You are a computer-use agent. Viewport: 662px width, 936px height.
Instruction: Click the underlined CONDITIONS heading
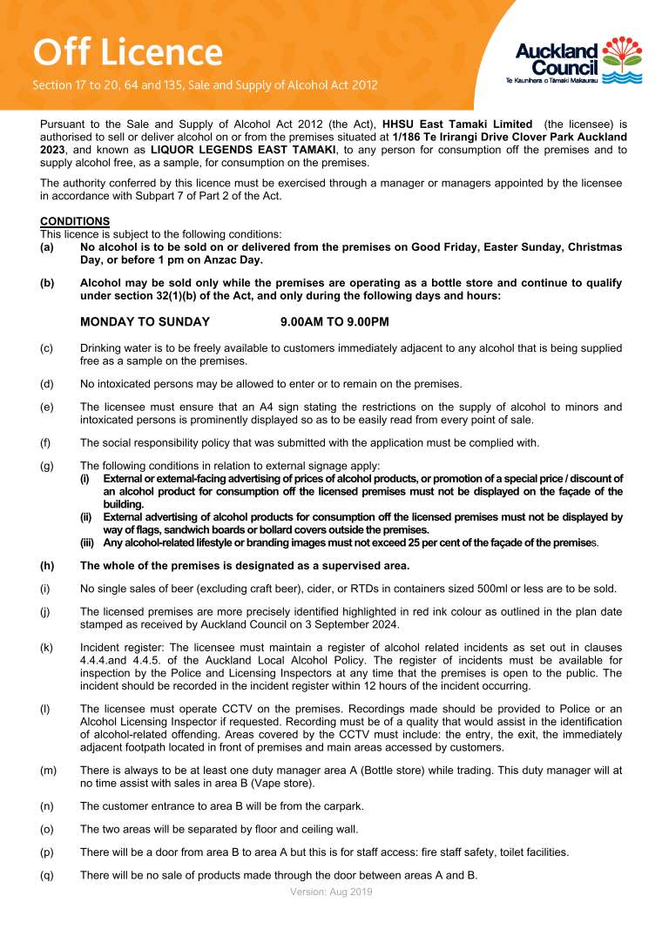75,222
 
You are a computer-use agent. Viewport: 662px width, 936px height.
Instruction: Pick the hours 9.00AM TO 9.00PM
334,322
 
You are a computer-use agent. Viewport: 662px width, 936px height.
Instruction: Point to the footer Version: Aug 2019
331,892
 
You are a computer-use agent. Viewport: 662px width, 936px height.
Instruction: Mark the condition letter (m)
48,771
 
